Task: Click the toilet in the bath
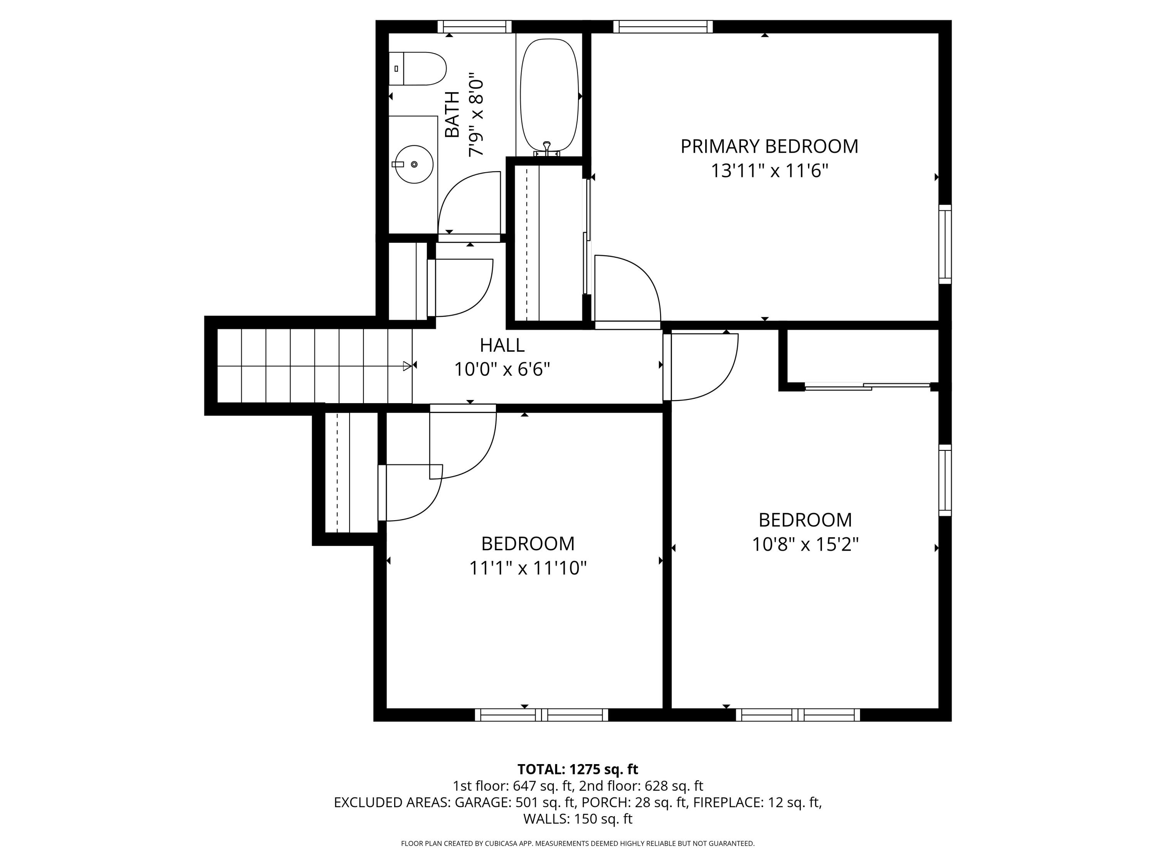click(x=418, y=69)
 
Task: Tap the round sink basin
click(x=414, y=164)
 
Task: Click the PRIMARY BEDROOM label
click(x=769, y=146)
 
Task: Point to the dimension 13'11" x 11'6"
click(x=769, y=171)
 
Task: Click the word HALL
click(x=502, y=345)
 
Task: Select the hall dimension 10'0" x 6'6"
click(x=502, y=370)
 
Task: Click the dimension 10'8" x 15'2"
click(x=805, y=544)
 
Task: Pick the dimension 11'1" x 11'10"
click(x=528, y=568)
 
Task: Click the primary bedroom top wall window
click(x=663, y=27)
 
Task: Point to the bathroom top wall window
click(x=474, y=27)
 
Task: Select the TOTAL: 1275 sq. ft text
click(x=578, y=769)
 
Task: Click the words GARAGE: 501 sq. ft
click(x=515, y=802)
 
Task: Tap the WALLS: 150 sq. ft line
click(x=578, y=819)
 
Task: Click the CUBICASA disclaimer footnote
click(x=578, y=843)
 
